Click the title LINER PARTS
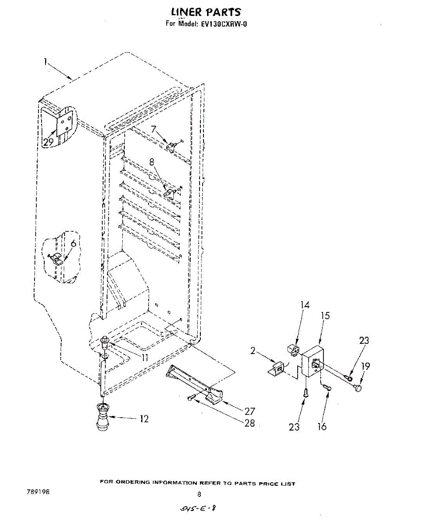pyautogui.click(x=206, y=12)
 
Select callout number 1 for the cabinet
pyautogui.click(x=45, y=62)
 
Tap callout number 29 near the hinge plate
pyautogui.click(x=48, y=142)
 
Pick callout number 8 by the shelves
pyautogui.click(x=152, y=162)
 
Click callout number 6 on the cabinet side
pyautogui.click(x=73, y=243)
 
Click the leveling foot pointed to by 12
pyautogui.click(x=103, y=418)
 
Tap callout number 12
pyautogui.click(x=144, y=419)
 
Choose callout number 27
pyautogui.click(x=249, y=411)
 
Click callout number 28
pyautogui.click(x=249, y=423)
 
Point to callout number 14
pyautogui.click(x=305, y=305)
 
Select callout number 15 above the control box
pyautogui.click(x=325, y=316)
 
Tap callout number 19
pyautogui.click(x=365, y=366)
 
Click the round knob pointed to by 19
pyautogui.click(x=357, y=389)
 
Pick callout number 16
pyautogui.click(x=322, y=427)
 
